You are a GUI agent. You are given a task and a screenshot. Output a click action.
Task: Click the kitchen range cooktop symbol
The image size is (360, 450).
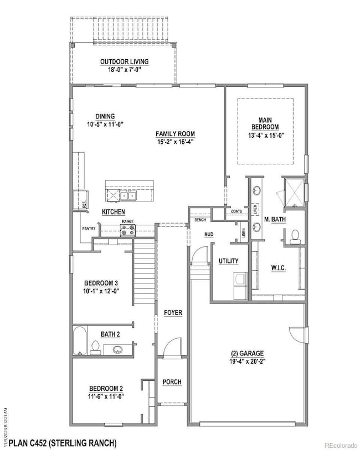click(128, 229)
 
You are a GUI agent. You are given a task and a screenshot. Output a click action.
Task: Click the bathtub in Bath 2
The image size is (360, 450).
click(79, 342)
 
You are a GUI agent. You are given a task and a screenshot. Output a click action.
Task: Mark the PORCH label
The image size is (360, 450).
click(172, 382)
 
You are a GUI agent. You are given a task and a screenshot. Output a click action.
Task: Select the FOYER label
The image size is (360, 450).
click(173, 313)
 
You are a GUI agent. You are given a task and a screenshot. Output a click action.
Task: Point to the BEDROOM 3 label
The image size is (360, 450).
click(101, 283)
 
